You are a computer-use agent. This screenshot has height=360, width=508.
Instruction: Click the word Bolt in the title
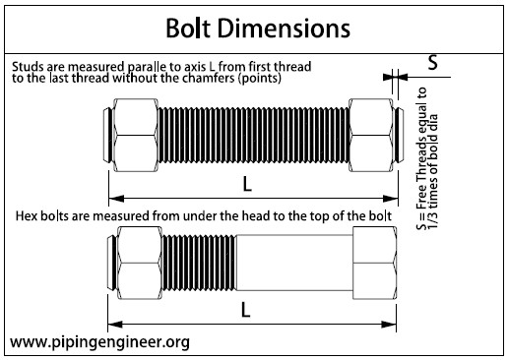tap(188, 29)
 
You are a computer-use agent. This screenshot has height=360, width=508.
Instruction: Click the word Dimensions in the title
tap(284, 29)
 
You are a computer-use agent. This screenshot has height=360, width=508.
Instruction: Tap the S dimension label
tap(433, 62)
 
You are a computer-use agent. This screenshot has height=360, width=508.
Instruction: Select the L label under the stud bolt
tap(247, 184)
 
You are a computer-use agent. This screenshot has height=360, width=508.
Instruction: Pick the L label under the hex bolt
tap(245, 310)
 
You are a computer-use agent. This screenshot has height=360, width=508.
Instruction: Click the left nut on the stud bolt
tap(136, 135)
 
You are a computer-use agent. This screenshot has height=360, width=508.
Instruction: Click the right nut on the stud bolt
tap(371, 135)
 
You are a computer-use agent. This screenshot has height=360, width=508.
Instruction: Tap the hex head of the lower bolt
tap(375, 263)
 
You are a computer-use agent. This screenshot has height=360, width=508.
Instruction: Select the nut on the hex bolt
tap(140, 263)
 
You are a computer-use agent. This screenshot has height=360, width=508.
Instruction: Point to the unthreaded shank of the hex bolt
tap(294, 263)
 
